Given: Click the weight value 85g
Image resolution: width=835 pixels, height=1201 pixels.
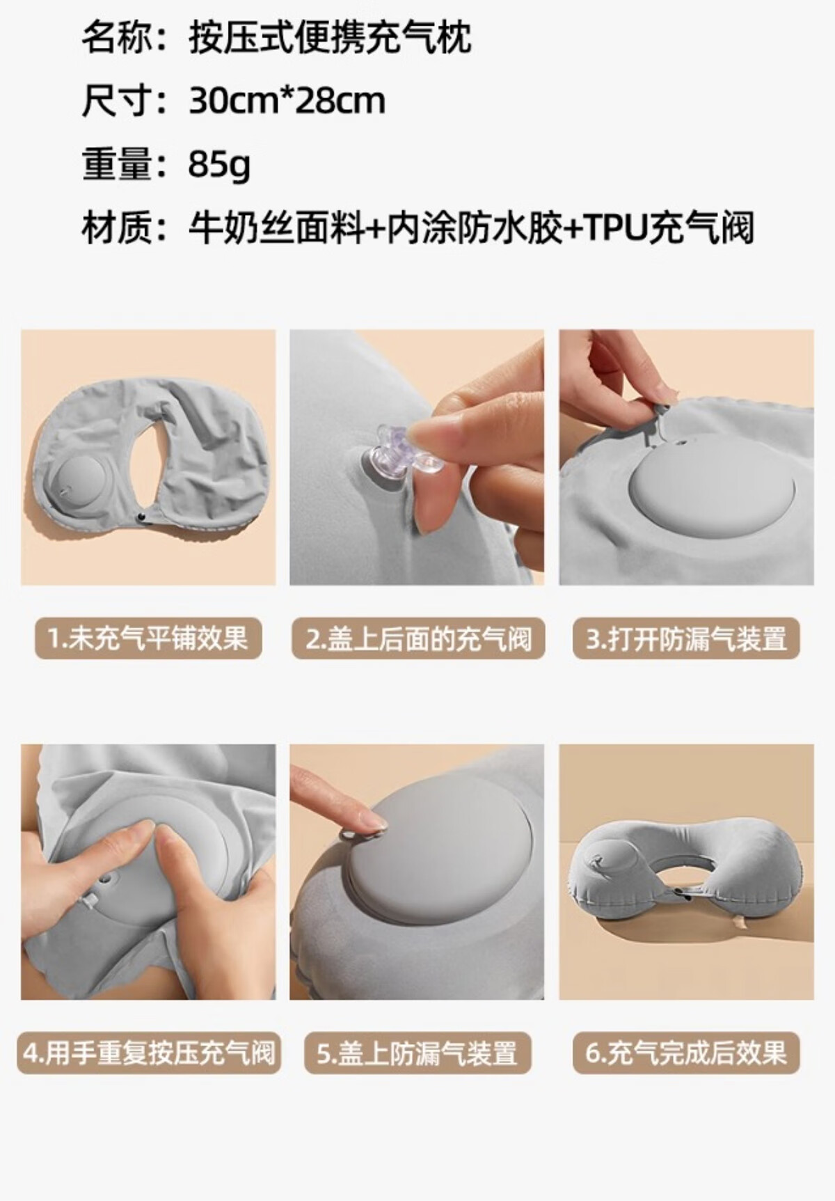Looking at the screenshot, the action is (x=219, y=164).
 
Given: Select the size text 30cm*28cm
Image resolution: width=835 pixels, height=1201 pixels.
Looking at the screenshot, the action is (x=287, y=101).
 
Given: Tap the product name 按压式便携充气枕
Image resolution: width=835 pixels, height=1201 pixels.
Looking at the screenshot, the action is (x=330, y=37).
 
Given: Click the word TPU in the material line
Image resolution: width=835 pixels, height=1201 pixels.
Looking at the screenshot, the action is (x=614, y=228).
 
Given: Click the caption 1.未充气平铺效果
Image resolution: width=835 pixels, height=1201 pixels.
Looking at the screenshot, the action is (x=148, y=638).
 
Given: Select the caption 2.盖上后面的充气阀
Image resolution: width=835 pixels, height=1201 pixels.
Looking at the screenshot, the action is (x=418, y=638).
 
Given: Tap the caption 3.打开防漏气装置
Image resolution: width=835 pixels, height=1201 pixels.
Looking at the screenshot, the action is (x=686, y=638).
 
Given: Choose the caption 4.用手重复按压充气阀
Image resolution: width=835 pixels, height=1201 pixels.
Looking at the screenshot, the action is (x=149, y=1052).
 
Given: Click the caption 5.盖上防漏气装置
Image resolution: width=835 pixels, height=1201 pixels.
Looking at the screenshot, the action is (x=417, y=1053).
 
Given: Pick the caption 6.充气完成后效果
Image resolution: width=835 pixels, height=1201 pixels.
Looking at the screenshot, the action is (x=686, y=1053).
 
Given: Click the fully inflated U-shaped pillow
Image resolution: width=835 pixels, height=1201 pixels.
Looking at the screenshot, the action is (x=685, y=874).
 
